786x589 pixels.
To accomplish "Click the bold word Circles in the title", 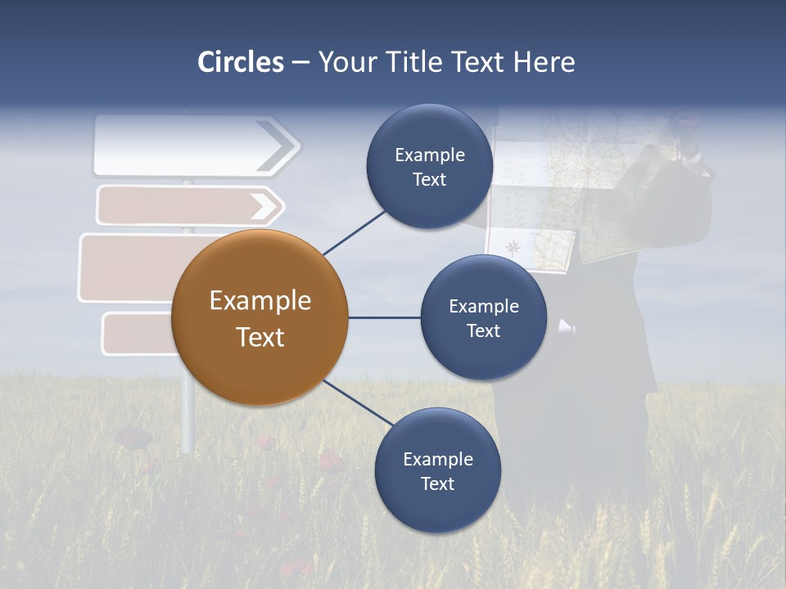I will click(240, 62).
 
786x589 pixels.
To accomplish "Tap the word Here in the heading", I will click(544, 62).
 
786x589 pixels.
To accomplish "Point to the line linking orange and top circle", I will click(355, 232).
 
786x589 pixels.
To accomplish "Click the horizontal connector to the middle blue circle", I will click(384, 317).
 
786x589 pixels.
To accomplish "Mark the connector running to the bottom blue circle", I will click(359, 402).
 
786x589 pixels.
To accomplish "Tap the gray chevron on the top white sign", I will click(278, 146).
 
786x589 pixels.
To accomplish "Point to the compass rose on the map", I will click(513, 248).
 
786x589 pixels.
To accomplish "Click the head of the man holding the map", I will click(686, 131).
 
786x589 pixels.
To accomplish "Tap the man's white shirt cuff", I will click(567, 327).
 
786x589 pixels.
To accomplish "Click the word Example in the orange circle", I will click(260, 301).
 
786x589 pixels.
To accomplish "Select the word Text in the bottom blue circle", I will click(437, 483).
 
